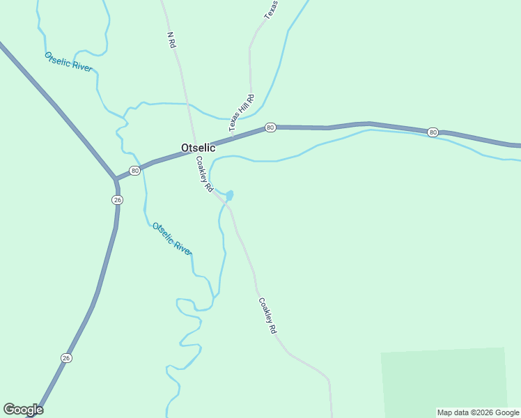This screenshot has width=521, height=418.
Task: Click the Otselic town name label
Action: (199, 148)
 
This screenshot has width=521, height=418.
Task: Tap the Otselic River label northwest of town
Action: (68, 61)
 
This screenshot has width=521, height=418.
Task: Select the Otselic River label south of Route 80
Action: (172, 239)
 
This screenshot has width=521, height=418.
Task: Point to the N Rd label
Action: (171, 39)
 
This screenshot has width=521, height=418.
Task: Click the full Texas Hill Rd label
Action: (242, 113)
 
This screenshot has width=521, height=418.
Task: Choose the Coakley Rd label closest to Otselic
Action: (203, 173)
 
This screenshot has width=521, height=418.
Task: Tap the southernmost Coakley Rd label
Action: (268, 316)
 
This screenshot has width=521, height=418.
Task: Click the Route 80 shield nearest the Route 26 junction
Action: (134, 171)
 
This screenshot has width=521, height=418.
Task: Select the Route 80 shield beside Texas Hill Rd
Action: (270, 127)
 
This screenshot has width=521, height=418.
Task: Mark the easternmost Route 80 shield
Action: (433, 132)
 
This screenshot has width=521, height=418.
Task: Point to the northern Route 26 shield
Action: (117, 200)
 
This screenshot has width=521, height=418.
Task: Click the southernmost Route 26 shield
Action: (66, 358)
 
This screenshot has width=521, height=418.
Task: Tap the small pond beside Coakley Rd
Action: (229, 195)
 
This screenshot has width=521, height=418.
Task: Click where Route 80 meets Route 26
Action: (116, 180)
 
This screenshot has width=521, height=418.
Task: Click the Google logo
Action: (23, 409)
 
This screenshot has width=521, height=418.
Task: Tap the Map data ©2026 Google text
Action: (478, 412)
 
